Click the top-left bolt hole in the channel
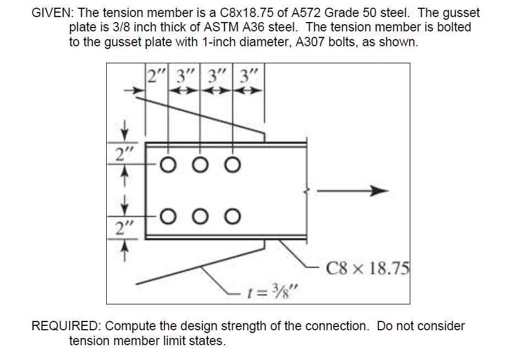pos(168,164)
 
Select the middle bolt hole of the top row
pos(200,164)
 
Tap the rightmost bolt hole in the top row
pos(233,164)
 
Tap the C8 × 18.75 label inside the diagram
pos(367,269)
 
